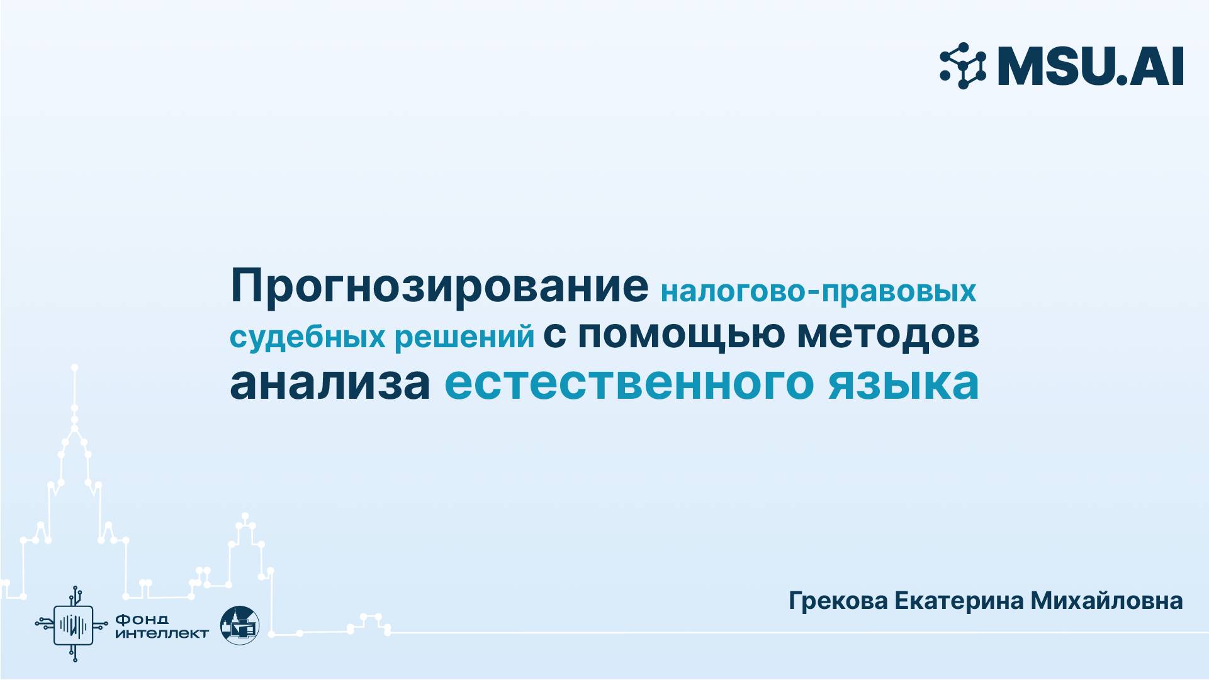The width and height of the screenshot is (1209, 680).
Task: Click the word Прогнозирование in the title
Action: click(x=439, y=287)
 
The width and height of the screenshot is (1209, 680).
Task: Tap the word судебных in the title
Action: click(x=306, y=337)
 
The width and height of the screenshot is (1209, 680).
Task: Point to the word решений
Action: click(x=464, y=337)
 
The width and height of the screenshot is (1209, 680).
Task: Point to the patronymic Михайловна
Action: click(x=1106, y=601)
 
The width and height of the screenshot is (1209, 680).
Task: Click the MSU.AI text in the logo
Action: click(x=1091, y=66)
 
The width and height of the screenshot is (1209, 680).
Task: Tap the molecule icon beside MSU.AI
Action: click(x=963, y=65)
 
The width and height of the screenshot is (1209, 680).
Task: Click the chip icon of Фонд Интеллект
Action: click(x=73, y=625)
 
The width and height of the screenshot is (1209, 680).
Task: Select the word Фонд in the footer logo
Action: click(x=142, y=620)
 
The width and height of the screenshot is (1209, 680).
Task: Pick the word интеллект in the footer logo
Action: click(x=162, y=633)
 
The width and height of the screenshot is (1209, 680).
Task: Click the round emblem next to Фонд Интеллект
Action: click(x=240, y=625)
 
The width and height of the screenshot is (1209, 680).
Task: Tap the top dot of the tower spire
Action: click(x=75, y=367)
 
